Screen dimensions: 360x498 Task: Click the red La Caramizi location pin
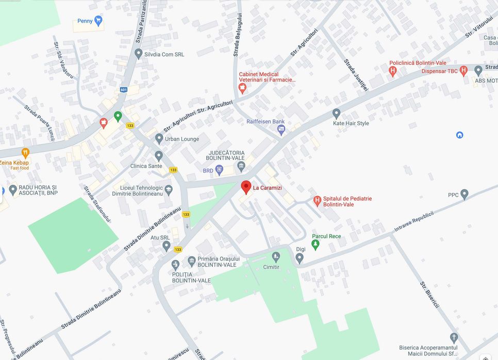tap(246, 187)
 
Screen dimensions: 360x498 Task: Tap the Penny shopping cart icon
tap(98, 21)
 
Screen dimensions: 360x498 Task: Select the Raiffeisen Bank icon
tap(281, 130)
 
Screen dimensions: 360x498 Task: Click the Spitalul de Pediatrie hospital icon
tap(317, 200)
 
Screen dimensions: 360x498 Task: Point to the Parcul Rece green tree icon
tap(316, 244)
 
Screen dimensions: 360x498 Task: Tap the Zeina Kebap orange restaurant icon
tap(25, 152)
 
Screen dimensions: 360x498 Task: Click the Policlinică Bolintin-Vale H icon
tap(393, 71)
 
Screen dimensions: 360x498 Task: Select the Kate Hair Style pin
tap(337, 113)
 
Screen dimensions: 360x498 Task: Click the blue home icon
tap(460, 135)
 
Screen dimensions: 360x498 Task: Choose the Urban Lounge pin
tap(159, 139)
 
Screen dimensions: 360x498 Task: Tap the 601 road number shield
tap(123, 90)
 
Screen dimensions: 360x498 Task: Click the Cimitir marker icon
tap(276, 256)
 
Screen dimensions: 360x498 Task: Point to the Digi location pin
tap(300, 258)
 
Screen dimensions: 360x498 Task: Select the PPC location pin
tap(464, 194)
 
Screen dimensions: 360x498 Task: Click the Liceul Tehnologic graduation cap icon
tap(169, 190)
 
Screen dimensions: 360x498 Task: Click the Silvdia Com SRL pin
tap(138, 53)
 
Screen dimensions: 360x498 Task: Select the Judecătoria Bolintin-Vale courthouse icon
tap(241, 166)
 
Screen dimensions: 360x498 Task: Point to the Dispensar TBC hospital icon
tap(463, 70)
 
